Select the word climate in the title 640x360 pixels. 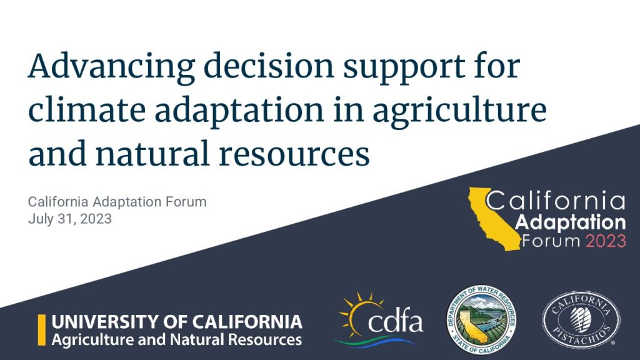(87, 109)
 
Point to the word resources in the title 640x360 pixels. (294, 154)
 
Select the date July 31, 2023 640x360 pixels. (70, 219)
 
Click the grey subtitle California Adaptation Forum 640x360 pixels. (117, 202)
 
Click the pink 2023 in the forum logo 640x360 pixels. (606, 241)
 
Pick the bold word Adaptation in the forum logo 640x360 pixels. (570, 223)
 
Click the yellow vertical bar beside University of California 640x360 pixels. (42, 330)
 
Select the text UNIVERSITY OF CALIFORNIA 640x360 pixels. (177, 322)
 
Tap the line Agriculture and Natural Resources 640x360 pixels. (177, 339)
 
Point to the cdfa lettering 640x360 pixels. (395, 322)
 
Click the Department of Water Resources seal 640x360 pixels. (481, 319)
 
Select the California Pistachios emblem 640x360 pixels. (581, 319)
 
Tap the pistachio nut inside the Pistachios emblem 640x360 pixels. (581, 319)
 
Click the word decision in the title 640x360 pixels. (269, 66)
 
